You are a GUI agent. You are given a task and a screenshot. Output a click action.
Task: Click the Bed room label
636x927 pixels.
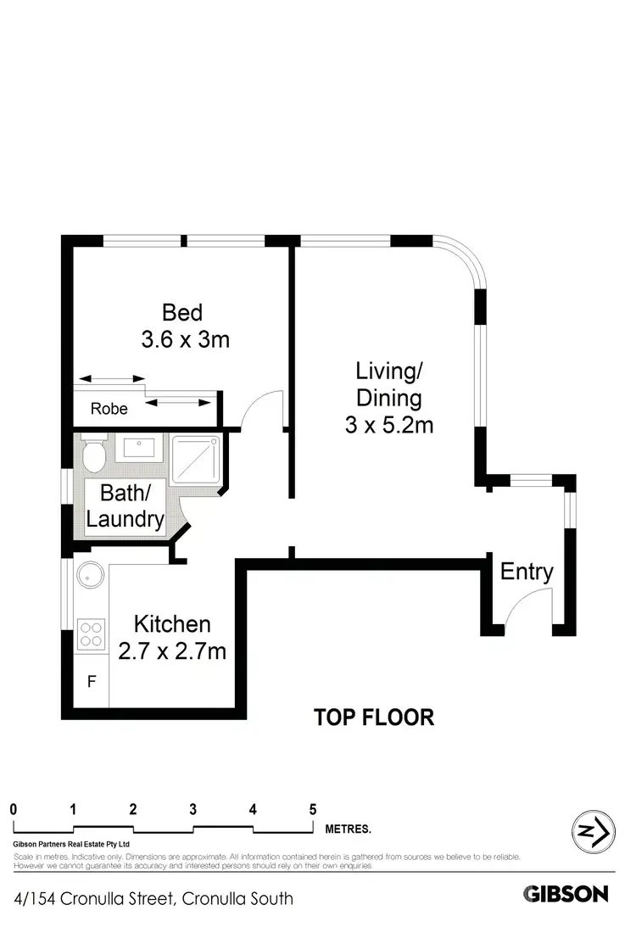(x=182, y=313)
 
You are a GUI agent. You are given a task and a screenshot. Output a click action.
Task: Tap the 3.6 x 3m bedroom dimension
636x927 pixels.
(x=185, y=340)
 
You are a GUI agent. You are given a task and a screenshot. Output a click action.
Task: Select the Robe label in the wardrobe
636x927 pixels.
(x=109, y=409)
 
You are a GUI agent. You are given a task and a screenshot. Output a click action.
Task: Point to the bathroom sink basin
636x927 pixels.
(x=138, y=447)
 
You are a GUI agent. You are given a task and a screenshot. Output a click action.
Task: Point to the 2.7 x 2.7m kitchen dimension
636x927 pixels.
(x=181, y=651)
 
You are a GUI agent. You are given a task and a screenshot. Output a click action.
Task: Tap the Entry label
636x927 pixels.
(x=527, y=572)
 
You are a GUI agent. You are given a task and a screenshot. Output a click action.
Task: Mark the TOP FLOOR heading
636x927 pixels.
(x=374, y=718)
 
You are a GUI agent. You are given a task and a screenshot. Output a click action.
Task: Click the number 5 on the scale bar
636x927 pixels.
(x=313, y=808)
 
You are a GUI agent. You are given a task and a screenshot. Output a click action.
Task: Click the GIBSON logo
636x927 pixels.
(x=566, y=893)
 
